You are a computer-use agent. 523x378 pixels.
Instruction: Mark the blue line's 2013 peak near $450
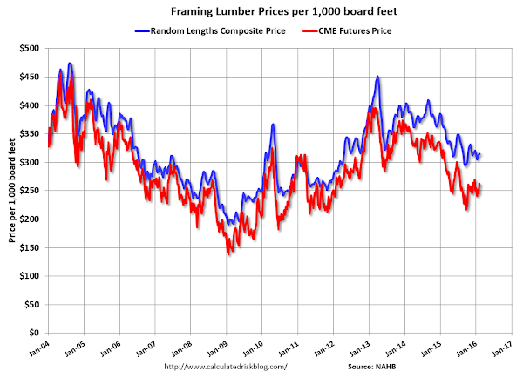(x=377, y=77)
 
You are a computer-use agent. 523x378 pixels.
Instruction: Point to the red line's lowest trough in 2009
(x=229, y=253)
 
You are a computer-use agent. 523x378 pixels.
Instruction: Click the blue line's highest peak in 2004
(x=70, y=64)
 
